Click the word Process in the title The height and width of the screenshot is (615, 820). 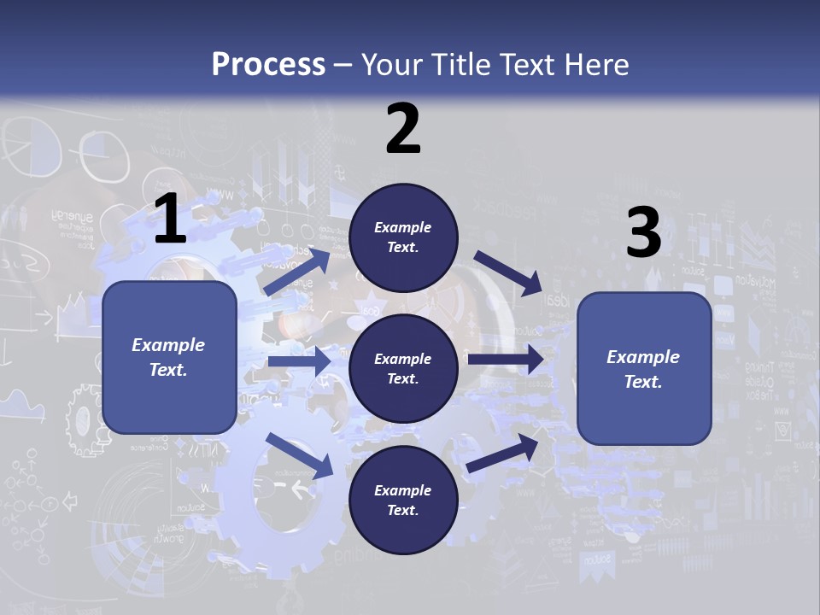click(268, 65)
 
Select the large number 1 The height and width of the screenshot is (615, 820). click(170, 220)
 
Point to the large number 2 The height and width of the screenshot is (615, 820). click(403, 130)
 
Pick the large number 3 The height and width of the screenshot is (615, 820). click(643, 233)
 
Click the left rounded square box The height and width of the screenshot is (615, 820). click(169, 357)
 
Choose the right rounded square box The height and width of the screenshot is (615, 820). click(644, 368)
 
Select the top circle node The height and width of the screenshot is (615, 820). click(403, 237)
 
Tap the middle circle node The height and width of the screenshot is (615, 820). click(403, 368)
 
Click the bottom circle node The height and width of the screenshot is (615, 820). click(403, 500)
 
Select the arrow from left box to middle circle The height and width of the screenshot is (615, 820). click(299, 361)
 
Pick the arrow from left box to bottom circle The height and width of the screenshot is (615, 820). click(300, 454)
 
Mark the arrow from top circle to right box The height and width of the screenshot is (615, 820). click(509, 272)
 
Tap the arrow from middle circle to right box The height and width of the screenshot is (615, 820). click(506, 360)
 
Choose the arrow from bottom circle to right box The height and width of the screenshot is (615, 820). click(502, 454)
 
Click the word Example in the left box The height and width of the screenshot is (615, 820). click(168, 345)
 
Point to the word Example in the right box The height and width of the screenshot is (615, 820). click(643, 357)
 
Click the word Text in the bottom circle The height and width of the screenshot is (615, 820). click(401, 510)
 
